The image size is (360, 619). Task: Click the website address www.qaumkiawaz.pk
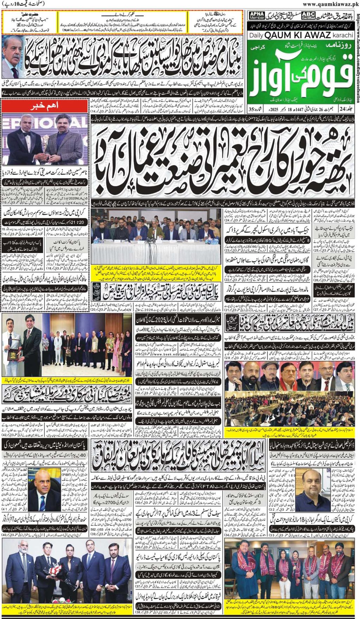pyautogui.click(x=330, y=4)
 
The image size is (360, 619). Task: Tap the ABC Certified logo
pyautogui.click(x=308, y=15)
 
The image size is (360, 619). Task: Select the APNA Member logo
pyautogui.click(x=257, y=15)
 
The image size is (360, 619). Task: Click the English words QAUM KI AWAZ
pyautogui.click(x=297, y=35)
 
